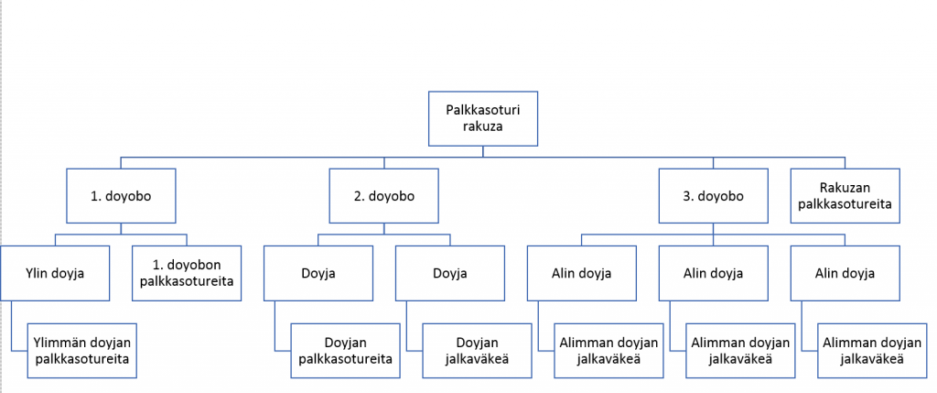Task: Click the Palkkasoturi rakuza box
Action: coord(483,118)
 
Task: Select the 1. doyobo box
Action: coord(122,196)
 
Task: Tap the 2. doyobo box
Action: coord(384,196)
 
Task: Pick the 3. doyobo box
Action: coord(714,196)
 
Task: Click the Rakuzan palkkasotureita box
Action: coord(845,196)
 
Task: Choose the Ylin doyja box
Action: coord(55,273)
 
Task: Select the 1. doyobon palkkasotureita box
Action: coord(187,273)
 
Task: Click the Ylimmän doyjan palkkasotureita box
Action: coord(82,351)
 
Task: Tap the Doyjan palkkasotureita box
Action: coord(345,351)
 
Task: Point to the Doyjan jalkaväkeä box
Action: coord(477,351)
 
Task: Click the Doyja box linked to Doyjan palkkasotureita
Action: coord(318,273)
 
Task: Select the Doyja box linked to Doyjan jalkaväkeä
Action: coord(449,273)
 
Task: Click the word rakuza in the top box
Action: coord(483,126)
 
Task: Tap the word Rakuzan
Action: coord(845,188)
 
